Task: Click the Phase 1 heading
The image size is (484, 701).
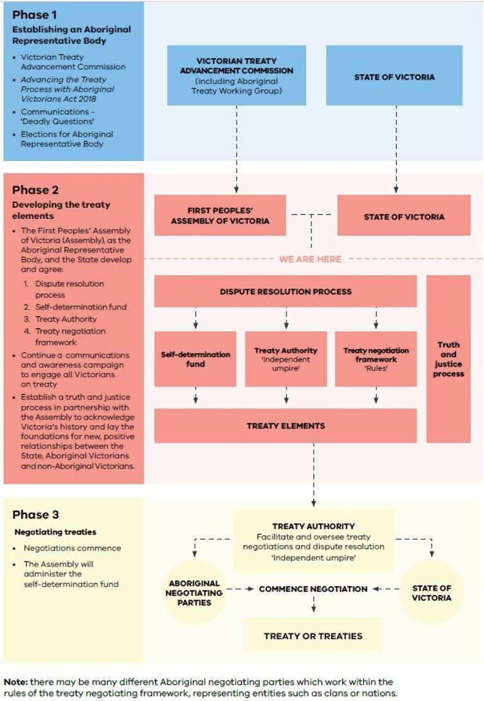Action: point(35,15)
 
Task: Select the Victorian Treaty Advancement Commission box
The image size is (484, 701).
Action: point(236,75)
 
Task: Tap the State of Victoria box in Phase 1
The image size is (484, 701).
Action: point(394,76)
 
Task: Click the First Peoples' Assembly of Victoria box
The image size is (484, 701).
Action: point(220,215)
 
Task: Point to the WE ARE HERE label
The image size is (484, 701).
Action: point(310,259)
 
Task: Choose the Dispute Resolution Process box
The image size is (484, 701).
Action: point(285,292)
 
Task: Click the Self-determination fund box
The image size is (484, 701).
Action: point(195,358)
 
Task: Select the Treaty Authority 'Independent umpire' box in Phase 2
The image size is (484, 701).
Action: point(285,358)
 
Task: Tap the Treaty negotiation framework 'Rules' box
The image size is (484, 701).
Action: point(376,358)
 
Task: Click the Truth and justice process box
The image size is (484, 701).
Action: point(448,358)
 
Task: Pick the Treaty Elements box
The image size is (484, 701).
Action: point(285,426)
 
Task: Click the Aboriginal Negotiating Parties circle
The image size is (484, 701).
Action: point(195,593)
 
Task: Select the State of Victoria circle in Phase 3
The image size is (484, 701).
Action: point(432,592)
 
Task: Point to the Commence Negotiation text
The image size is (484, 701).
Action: point(313,589)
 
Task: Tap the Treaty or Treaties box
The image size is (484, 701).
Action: point(313,635)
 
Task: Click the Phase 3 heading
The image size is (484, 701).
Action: point(35,515)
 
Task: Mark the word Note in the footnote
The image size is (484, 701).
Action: point(14,682)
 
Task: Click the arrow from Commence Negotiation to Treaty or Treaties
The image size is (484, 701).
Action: point(313,605)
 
